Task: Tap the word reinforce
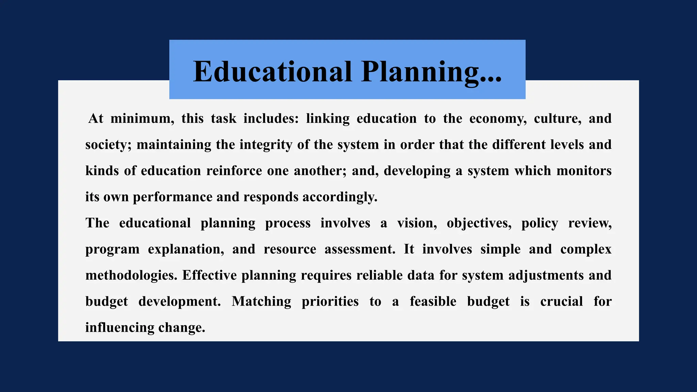point(234,171)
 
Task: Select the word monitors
point(584,171)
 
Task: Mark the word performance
point(173,197)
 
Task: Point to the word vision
point(417,223)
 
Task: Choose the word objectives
point(479,223)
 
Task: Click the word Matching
point(261,301)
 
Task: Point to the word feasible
point(433,301)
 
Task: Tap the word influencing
point(120,328)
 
